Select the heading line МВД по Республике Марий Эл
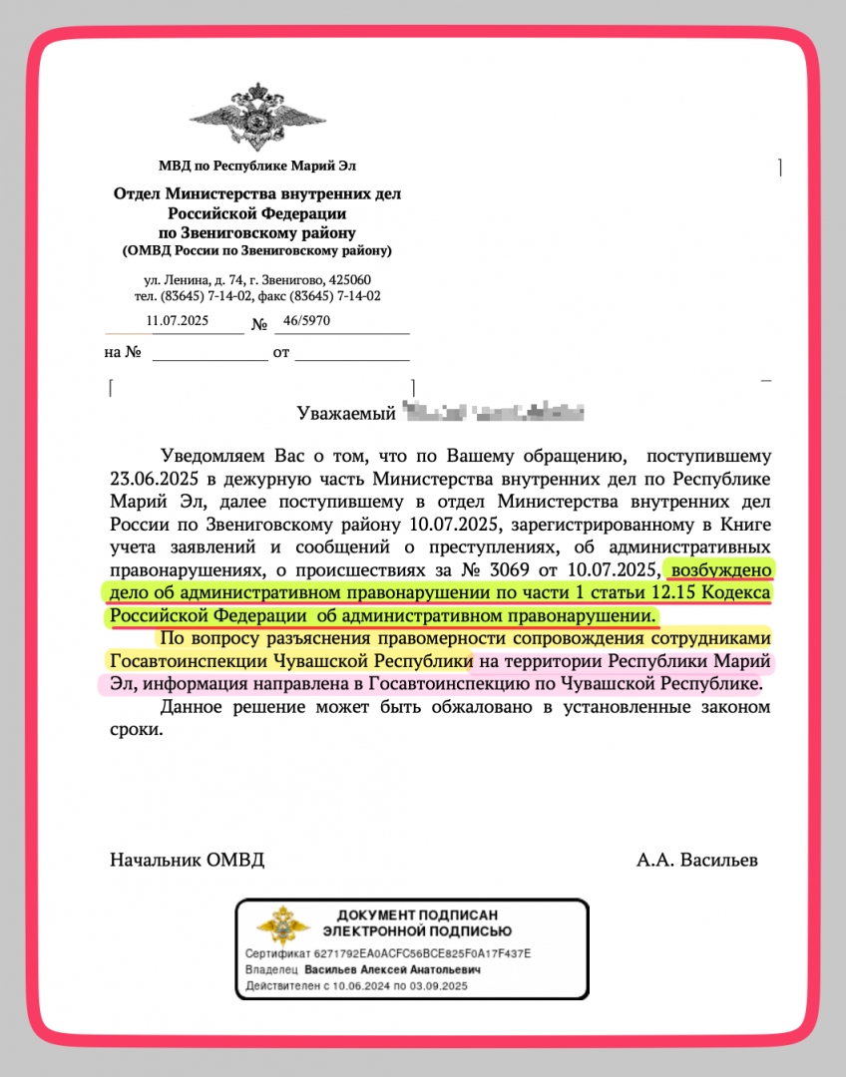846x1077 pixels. click(x=256, y=166)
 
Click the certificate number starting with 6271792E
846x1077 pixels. click(x=418, y=954)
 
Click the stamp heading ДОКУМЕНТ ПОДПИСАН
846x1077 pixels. click(x=417, y=915)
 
